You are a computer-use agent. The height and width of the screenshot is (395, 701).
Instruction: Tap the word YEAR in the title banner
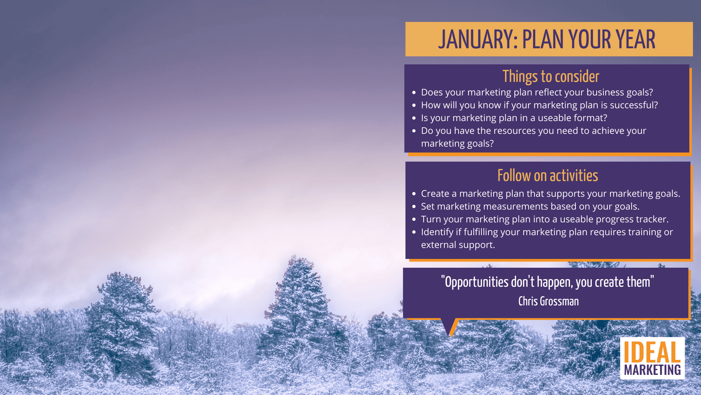pyautogui.click(x=635, y=39)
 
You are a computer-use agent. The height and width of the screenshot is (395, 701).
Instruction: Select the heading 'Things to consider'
pyautogui.click(x=551, y=76)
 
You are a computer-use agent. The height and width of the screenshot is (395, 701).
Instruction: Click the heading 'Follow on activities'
pyautogui.click(x=548, y=176)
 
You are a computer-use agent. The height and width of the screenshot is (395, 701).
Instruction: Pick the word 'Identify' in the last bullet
pyautogui.click(x=437, y=232)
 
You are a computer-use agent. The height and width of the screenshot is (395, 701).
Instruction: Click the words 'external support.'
pyautogui.click(x=458, y=245)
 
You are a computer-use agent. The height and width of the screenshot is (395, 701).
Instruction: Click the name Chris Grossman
pyautogui.click(x=548, y=301)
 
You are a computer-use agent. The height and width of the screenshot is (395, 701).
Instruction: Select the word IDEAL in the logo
pyautogui.click(x=652, y=353)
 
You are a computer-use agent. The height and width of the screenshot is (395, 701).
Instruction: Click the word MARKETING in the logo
pyautogui.click(x=652, y=370)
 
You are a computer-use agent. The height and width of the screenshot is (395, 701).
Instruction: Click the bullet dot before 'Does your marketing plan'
pyautogui.click(x=414, y=93)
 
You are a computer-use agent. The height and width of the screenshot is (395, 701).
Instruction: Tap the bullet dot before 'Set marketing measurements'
pyautogui.click(x=414, y=207)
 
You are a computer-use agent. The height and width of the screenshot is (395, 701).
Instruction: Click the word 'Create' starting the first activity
pyautogui.click(x=435, y=193)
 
